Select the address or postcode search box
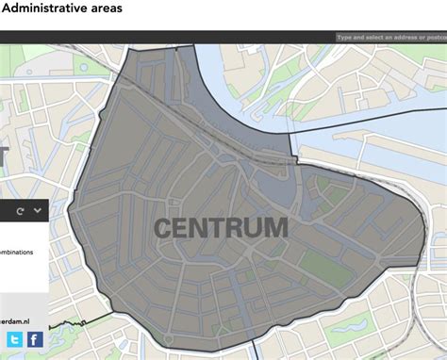(390, 39)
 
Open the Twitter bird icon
(14, 340)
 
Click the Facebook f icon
(34, 340)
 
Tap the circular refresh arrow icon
(18, 211)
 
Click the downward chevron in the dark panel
(37, 210)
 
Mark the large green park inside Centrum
(323, 270)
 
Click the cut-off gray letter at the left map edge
(3, 161)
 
